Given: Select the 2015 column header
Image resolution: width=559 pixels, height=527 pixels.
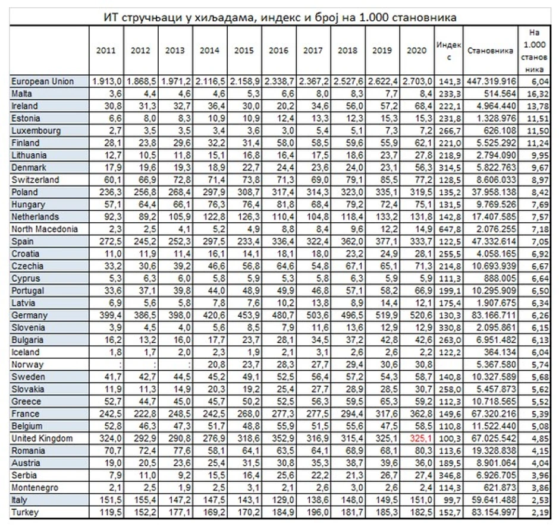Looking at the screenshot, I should coord(244,51).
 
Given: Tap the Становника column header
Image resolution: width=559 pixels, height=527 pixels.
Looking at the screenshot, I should coord(490,51).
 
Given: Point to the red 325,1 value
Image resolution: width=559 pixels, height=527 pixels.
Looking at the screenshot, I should coord(417,438).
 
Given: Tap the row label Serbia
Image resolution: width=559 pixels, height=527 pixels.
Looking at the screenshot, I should coord(24,475).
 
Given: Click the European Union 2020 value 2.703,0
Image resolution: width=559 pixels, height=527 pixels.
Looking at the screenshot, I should coord(416,81).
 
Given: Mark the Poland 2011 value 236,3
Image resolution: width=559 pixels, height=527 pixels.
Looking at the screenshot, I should coord(106,192).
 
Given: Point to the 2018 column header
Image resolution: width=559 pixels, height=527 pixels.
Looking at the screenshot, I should coord(347,51).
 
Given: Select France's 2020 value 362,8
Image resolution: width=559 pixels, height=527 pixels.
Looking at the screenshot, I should coord(417,414).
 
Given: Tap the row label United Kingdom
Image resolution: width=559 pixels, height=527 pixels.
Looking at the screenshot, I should coord(42,438).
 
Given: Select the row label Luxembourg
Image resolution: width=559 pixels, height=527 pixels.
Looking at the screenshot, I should coord(36,130).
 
